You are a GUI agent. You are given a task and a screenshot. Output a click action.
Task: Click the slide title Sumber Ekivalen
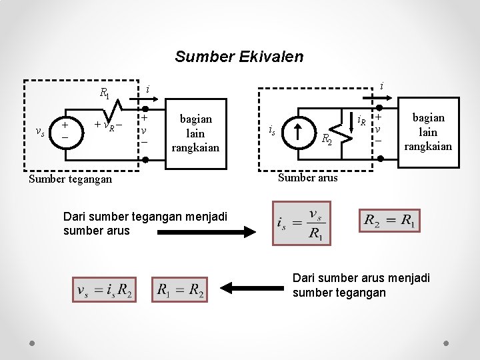click(239, 57)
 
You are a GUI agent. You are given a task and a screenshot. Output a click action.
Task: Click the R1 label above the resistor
click(105, 93)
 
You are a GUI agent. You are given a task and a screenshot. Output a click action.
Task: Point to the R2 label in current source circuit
click(327, 140)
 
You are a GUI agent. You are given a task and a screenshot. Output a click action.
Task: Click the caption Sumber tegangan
click(71, 179)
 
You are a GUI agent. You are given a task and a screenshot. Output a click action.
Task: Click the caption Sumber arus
click(308, 177)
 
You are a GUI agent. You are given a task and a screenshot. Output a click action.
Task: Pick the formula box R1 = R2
click(180, 289)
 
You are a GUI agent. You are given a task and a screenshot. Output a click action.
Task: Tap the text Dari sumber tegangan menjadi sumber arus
click(145, 223)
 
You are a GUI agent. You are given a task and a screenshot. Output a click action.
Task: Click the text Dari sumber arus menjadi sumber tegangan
click(361, 285)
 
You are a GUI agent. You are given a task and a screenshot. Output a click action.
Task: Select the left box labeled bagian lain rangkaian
click(195, 133)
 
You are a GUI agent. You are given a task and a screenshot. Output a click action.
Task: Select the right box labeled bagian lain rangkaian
click(428, 131)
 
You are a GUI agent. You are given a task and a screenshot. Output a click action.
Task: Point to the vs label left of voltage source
click(40, 131)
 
